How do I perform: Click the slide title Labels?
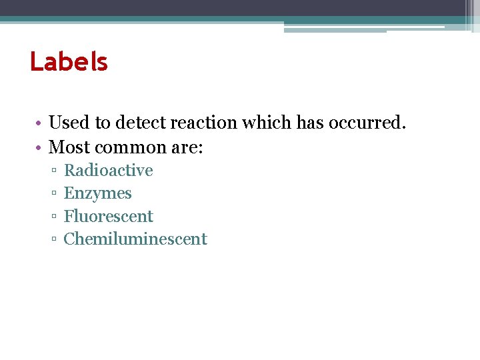point(69,62)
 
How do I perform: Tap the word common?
point(127,147)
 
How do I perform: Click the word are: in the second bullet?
point(186,147)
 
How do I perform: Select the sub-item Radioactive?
point(108,171)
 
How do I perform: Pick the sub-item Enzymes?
point(97,193)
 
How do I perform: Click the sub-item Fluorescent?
point(108,217)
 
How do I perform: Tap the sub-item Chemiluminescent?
point(135,239)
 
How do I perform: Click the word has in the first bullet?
point(311,123)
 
